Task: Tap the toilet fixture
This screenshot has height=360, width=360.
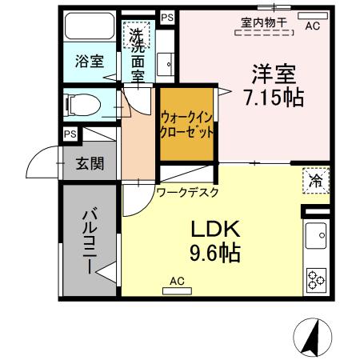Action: [80, 103]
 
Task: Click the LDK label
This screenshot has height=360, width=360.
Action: [214, 229]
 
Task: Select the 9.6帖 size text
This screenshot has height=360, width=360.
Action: [214, 254]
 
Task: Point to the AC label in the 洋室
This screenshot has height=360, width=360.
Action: [313, 25]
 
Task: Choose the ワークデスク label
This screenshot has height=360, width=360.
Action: [188, 192]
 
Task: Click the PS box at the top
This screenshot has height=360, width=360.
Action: [166, 16]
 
